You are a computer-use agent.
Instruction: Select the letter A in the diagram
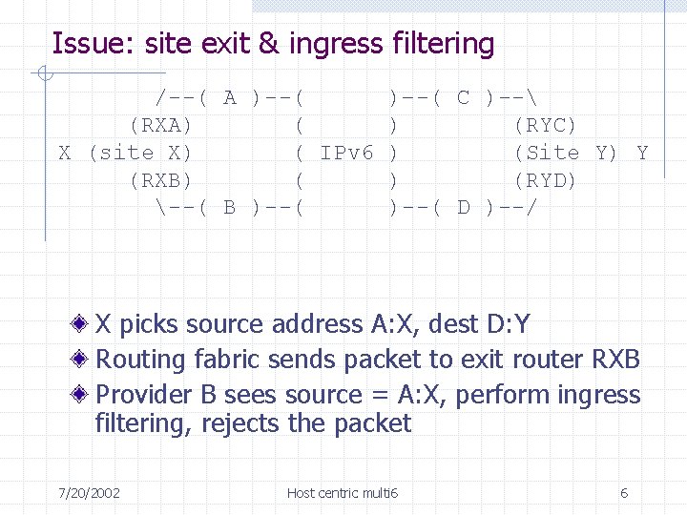(230, 97)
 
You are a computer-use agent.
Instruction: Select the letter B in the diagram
(230, 207)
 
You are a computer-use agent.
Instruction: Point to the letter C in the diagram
(464, 97)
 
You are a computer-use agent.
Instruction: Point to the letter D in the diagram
(464, 207)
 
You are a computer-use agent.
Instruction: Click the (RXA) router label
(161, 125)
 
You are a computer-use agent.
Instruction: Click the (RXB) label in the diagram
(161, 180)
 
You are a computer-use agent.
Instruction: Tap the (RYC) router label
(545, 125)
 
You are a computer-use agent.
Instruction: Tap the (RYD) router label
(545, 180)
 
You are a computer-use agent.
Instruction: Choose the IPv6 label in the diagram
(347, 153)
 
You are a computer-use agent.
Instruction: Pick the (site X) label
(139, 153)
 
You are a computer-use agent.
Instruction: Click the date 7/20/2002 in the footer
(89, 493)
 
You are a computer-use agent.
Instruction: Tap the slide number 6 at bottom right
(624, 493)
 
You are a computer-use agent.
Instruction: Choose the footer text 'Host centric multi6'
(343, 493)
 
